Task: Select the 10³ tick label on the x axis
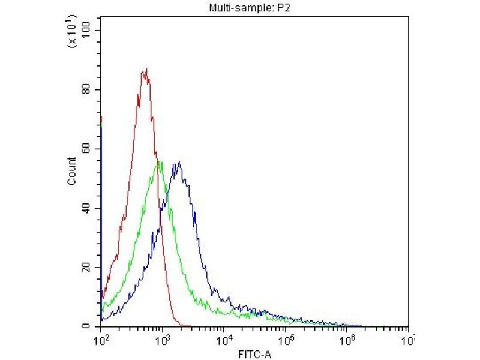point(162,340)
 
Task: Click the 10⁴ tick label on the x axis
point(224,340)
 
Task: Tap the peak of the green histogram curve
point(159,162)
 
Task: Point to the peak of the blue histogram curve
point(178,162)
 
